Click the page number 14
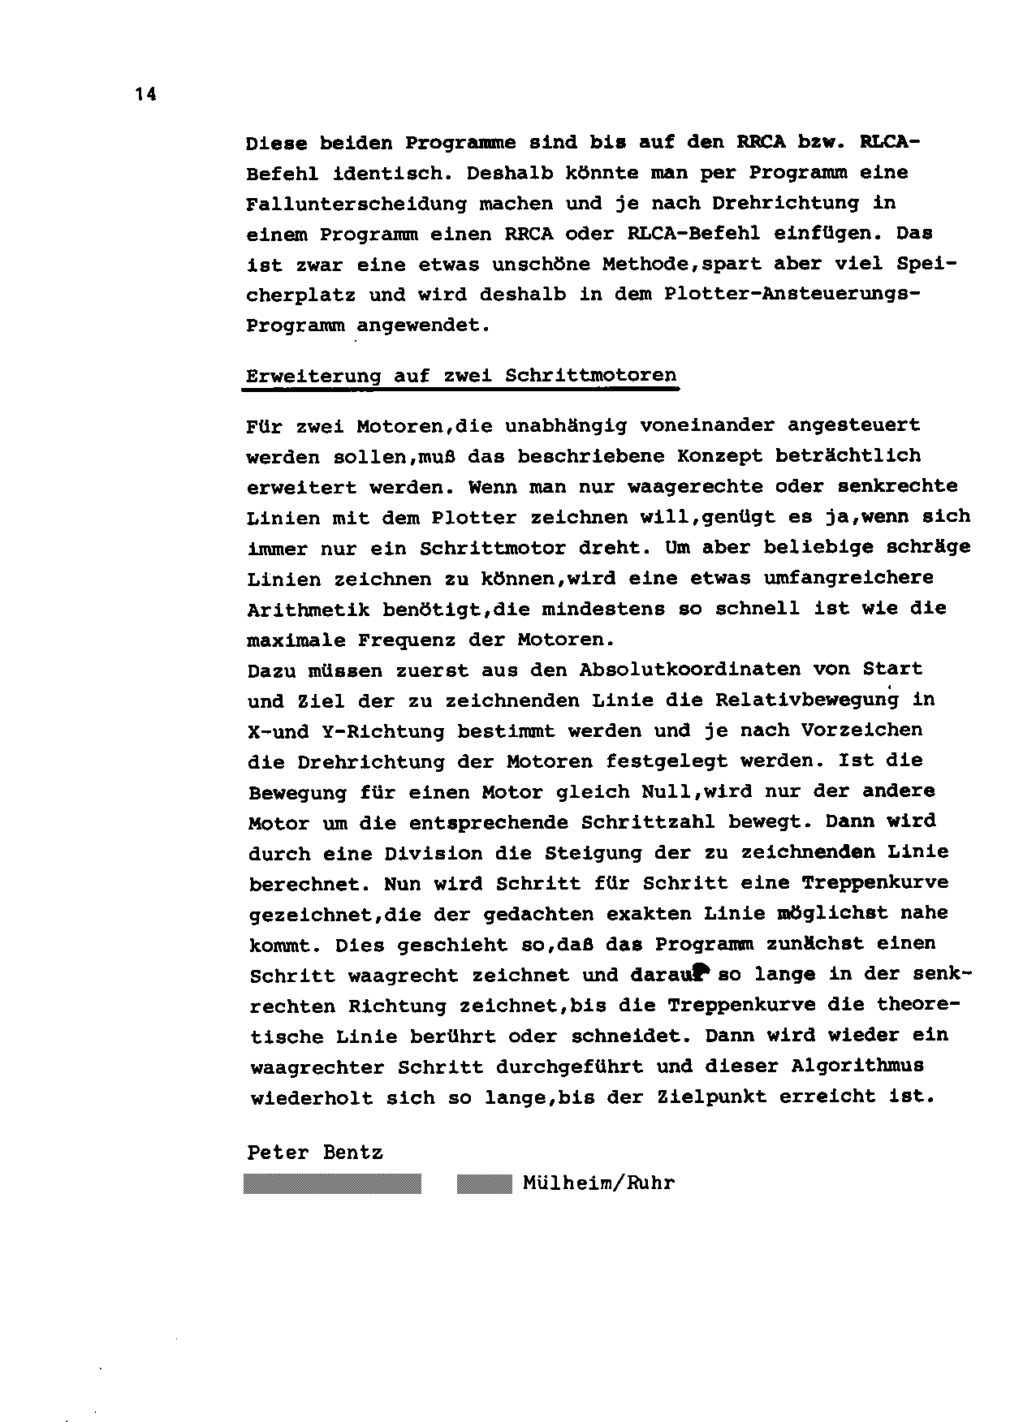point(146,95)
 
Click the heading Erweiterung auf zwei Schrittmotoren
point(461,376)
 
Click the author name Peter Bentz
point(315,1153)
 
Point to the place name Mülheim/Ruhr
point(599,1183)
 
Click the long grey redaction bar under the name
point(333,1184)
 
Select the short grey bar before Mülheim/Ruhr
point(484,1184)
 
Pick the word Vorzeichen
point(861,730)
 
